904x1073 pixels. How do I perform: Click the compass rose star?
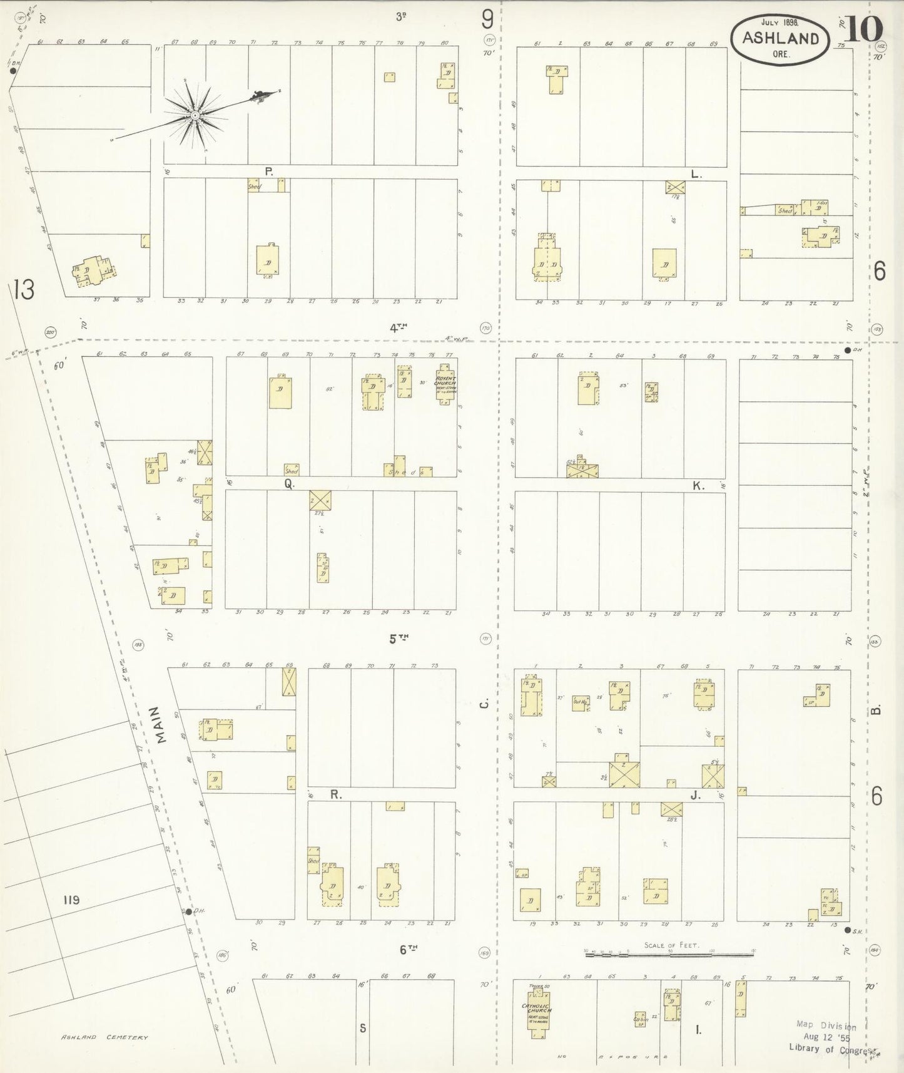(195, 115)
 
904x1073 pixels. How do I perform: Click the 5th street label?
(399, 639)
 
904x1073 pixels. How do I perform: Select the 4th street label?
(399, 327)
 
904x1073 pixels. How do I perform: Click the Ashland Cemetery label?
(104, 1037)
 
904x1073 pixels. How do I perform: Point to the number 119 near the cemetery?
(71, 900)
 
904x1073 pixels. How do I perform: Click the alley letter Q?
(289, 483)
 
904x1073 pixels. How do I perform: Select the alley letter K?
(698, 485)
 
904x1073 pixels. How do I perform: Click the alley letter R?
(335, 795)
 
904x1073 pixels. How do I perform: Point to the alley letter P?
(269, 171)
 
